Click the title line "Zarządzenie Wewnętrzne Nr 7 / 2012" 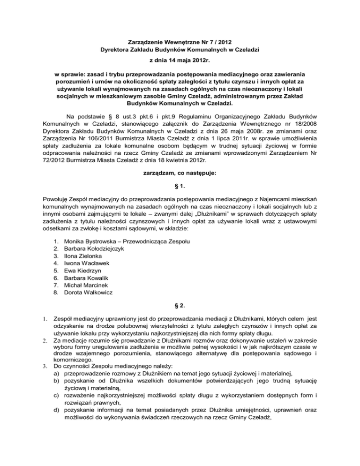[180, 42]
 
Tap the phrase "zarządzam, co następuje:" [180, 174]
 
